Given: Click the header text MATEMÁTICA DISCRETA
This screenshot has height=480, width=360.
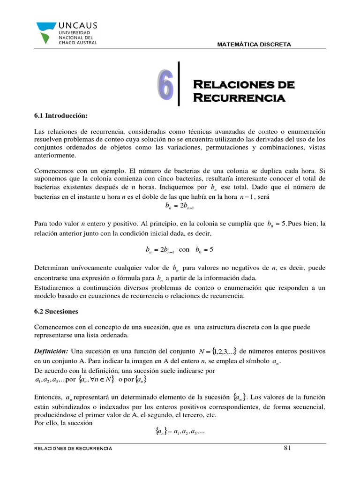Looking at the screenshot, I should [x=254, y=45].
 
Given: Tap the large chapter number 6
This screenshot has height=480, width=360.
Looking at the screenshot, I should [x=165, y=85].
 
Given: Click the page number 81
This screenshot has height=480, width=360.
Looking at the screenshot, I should [x=288, y=448].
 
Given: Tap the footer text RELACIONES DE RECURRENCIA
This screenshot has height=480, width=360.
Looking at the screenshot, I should [x=74, y=449].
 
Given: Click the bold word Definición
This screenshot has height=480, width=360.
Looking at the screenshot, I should [x=52, y=351].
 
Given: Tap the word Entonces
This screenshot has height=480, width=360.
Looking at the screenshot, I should [x=48, y=397].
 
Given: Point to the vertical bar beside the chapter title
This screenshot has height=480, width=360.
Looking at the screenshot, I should [x=179, y=84].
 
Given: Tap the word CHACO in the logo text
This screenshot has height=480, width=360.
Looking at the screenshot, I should [x=67, y=42].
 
